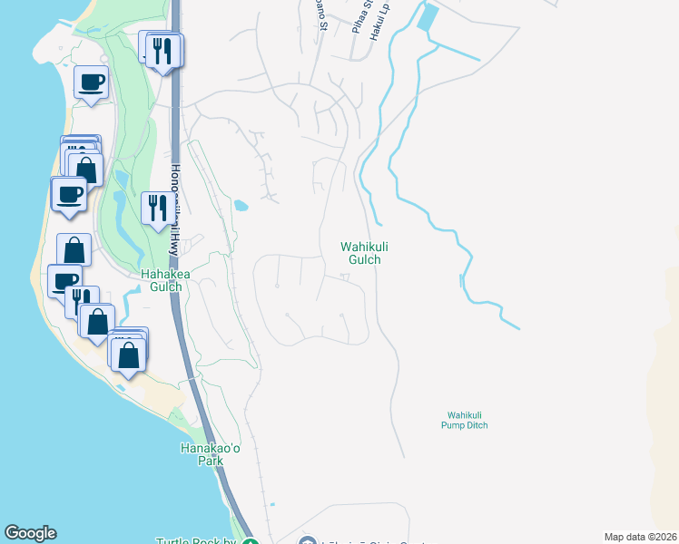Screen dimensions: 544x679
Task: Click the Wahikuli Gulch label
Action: tap(359, 252)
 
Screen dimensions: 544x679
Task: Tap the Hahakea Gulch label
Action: tap(162, 280)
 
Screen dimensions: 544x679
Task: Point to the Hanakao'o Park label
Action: tap(202, 453)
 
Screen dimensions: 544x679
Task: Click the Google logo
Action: tap(30, 533)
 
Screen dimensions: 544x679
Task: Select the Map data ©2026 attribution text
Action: tap(641, 537)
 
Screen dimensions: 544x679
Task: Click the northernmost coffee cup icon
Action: tap(91, 83)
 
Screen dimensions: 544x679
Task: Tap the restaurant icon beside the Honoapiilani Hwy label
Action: tap(156, 209)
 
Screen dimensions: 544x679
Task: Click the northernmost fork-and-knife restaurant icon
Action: tap(163, 50)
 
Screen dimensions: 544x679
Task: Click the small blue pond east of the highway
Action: tap(241, 205)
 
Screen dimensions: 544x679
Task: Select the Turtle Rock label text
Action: tap(195, 541)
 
